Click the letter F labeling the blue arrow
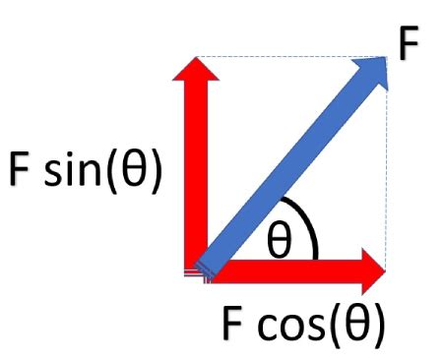tap(408, 44)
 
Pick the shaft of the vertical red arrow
tap(197, 177)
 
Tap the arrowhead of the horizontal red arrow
tap(371, 269)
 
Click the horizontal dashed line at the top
tap(295, 56)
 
